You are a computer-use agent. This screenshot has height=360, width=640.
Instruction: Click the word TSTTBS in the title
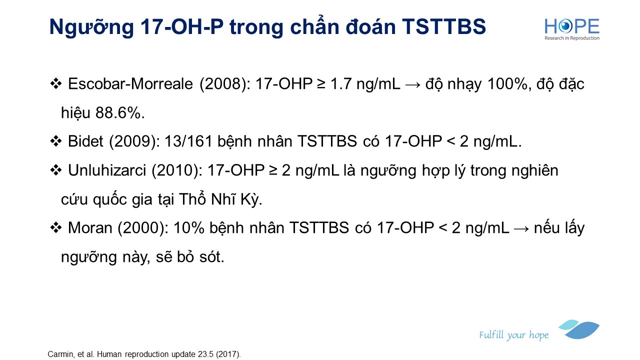[444, 27]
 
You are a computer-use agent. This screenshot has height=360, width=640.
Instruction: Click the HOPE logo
[571, 29]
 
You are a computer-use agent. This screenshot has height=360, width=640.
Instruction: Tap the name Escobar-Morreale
[130, 84]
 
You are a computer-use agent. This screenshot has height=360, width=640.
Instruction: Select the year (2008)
[225, 84]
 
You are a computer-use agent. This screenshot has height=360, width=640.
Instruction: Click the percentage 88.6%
[120, 113]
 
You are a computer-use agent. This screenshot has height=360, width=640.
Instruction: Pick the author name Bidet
[85, 141]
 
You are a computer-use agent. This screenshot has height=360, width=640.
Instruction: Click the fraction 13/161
[188, 141]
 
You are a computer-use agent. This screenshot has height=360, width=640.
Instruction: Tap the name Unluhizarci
[107, 170]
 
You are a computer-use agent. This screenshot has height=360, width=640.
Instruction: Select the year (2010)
[177, 171]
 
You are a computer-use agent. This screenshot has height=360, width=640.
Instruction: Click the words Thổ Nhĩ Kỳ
[220, 198]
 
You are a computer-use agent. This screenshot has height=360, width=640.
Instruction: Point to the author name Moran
[90, 228]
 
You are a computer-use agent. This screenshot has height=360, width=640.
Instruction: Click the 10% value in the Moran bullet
[189, 228]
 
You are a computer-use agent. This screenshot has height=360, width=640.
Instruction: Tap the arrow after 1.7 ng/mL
[412, 85]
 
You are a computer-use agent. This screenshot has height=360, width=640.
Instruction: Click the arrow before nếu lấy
[521, 228]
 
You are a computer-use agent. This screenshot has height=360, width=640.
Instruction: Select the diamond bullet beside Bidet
[55, 141]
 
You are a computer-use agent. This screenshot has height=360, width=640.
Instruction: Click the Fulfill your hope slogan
[513, 335]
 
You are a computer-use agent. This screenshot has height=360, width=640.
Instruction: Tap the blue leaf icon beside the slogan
[579, 329]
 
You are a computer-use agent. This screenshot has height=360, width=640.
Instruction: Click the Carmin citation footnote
[144, 354]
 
